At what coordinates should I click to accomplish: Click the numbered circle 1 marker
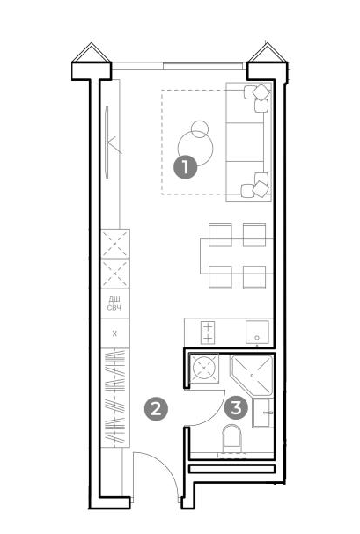click(x=186, y=167)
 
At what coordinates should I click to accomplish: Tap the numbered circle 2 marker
click(x=156, y=408)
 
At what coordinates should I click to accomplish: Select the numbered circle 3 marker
click(x=237, y=407)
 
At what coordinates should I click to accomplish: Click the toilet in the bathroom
click(x=231, y=439)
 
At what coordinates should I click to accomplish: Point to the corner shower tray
click(x=252, y=375)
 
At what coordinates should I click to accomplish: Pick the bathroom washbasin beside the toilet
click(x=262, y=413)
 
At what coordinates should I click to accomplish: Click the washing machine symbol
click(x=204, y=368)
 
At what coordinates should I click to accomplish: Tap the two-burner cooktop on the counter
click(x=208, y=333)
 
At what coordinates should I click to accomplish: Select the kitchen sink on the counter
click(x=258, y=332)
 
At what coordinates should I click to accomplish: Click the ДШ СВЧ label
click(x=114, y=304)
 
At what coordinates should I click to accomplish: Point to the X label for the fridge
click(x=114, y=333)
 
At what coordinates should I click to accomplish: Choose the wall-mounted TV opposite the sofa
click(x=107, y=142)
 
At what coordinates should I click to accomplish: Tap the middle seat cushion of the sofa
click(x=245, y=142)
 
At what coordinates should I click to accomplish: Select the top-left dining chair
click(x=220, y=235)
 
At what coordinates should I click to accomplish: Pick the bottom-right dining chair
click(x=254, y=277)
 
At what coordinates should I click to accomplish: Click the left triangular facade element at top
click(x=91, y=53)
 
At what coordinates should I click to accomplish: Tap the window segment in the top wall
click(x=203, y=66)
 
